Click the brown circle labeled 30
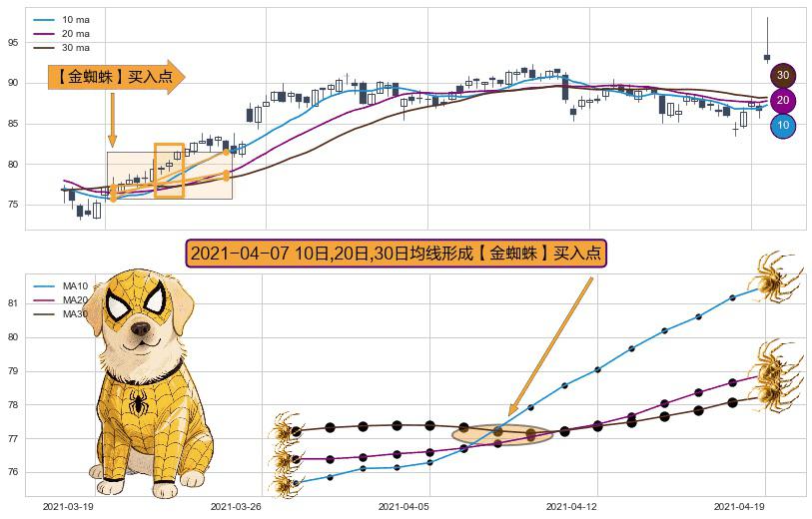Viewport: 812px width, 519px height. point(783,75)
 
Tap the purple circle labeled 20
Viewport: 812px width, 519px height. point(783,100)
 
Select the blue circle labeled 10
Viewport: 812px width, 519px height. point(783,126)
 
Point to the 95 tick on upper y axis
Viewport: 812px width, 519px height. point(14,42)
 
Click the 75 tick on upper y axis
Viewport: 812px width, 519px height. point(14,205)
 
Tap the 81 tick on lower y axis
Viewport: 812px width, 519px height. point(14,303)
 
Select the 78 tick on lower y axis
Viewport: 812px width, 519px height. point(14,405)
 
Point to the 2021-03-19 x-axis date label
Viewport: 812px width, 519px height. point(68,507)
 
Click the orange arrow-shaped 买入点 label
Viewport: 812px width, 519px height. point(115,76)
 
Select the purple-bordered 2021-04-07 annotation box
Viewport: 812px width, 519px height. point(396,254)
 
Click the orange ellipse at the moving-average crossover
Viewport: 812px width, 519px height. point(502,434)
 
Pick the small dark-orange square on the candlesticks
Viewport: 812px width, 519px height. point(169,170)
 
